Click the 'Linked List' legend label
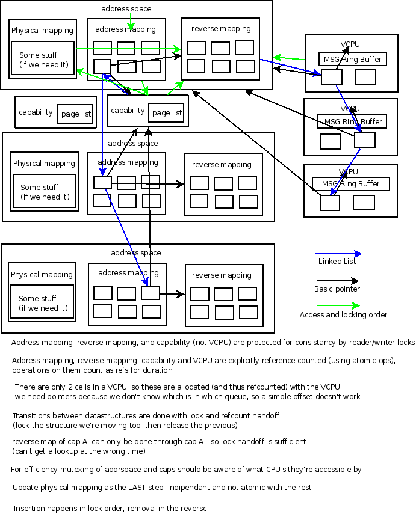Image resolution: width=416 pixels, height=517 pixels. pyautogui.click(x=337, y=262)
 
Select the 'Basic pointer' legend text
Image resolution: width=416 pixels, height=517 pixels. pyautogui.click(x=337, y=289)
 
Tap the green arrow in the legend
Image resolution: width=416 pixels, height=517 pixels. pyautogui.click(x=338, y=306)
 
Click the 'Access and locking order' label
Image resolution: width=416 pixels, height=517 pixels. pyautogui.click(x=343, y=315)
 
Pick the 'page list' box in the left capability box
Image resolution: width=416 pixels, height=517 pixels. pyautogui.click(x=75, y=114)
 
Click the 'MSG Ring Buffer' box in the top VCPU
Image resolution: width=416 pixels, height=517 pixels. pyautogui.click(x=353, y=59)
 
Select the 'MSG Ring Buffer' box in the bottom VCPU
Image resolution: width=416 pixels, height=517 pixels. pyautogui.click(x=351, y=184)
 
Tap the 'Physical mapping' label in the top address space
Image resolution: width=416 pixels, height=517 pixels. pyautogui.click(x=42, y=31)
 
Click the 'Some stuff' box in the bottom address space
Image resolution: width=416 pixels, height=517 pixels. pyautogui.click(x=42, y=302)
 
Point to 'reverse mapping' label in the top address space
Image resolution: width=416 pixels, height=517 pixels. pyautogui.click(x=221, y=29)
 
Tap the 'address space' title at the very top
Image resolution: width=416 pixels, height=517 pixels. pyautogui.click(x=126, y=9)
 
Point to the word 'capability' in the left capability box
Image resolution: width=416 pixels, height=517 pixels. pyautogui.click(x=36, y=112)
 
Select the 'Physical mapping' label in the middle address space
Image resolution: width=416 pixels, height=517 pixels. pyautogui.click(x=44, y=164)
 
